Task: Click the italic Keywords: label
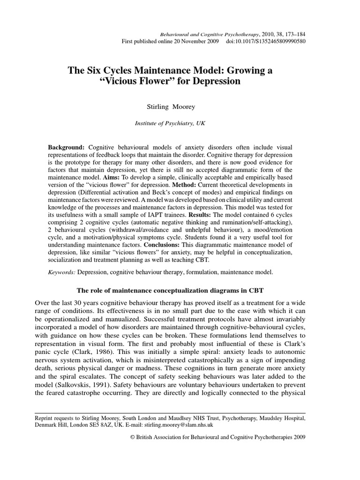[62, 271]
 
